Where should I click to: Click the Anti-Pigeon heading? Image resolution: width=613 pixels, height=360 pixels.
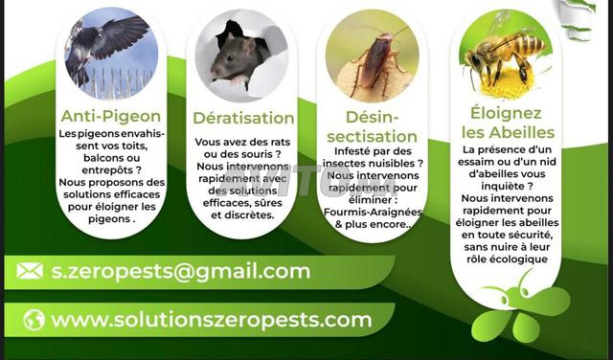pyautogui.click(x=111, y=116)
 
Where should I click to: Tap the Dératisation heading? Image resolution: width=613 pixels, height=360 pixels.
pyautogui.click(x=243, y=118)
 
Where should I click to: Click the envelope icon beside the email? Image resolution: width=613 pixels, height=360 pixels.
pyautogui.click(x=30, y=271)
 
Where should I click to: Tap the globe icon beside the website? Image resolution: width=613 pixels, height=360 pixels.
pyautogui.click(x=34, y=320)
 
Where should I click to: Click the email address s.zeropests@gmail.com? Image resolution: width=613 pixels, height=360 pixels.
pyautogui.click(x=181, y=271)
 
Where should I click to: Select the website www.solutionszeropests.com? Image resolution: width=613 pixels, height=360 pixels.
pyautogui.click(x=212, y=320)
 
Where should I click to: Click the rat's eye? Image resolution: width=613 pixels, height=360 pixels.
pyautogui.click(x=228, y=58)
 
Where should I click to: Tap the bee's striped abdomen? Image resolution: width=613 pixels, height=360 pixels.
pyautogui.click(x=526, y=44)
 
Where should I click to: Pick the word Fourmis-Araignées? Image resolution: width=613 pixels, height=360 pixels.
pyautogui.click(x=373, y=213)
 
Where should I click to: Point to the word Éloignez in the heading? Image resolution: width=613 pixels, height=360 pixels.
pyautogui.click(x=506, y=113)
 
